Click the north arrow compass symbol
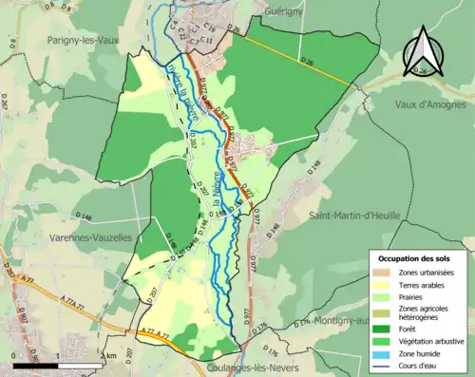423,50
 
